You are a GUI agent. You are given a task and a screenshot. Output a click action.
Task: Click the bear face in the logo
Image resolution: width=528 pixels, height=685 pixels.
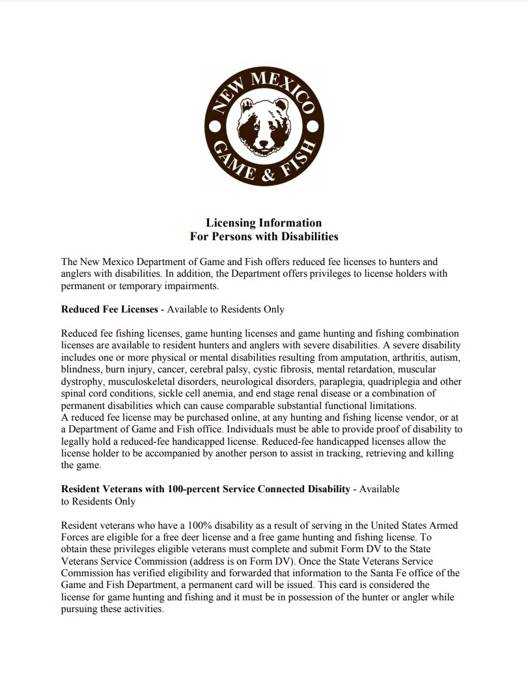point(264,127)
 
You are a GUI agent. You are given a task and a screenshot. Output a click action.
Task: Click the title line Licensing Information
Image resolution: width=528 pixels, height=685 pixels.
point(264,223)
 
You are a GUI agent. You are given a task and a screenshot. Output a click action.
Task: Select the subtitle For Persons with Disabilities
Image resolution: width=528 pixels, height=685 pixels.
point(264,236)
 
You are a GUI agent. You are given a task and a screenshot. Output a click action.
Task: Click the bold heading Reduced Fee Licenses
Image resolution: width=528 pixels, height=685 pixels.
point(109,309)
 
